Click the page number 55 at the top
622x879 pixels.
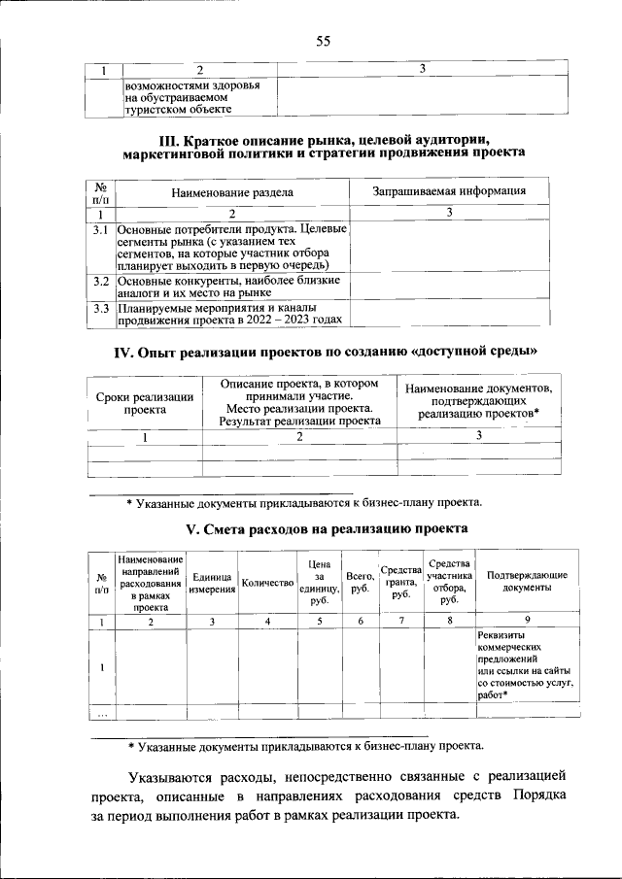(x=323, y=41)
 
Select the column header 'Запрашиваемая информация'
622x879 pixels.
(x=449, y=191)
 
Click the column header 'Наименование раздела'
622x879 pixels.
(x=232, y=192)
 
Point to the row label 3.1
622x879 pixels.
(x=100, y=230)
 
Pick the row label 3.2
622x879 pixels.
(x=100, y=281)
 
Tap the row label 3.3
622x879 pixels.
(x=100, y=309)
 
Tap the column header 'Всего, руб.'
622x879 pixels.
(x=361, y=583)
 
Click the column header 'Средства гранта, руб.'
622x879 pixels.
(x=400, y=583)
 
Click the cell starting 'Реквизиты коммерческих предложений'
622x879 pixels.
(x=526, y=671)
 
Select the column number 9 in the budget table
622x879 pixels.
(x=527, y=621)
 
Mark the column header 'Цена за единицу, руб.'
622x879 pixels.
(x=319, y=583)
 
